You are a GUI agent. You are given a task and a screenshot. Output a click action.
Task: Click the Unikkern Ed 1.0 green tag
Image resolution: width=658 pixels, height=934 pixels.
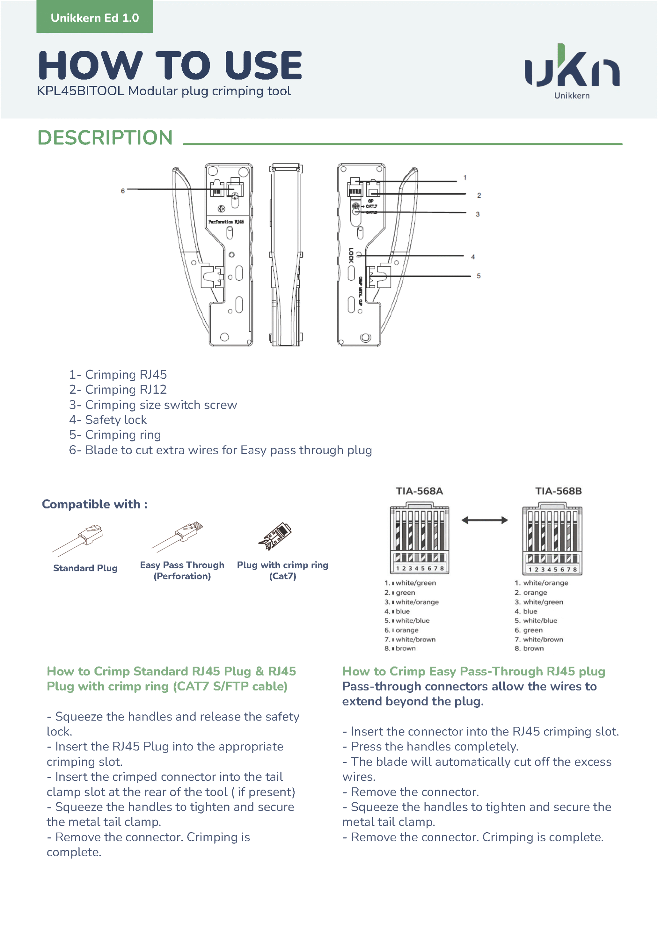(94, 18)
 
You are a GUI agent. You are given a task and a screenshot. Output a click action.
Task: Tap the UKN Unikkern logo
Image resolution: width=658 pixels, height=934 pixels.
(572, 71)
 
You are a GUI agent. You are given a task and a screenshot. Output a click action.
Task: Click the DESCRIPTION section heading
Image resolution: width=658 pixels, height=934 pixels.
(105, 138)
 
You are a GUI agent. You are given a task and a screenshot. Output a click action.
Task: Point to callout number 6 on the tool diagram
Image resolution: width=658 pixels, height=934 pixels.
(123, 191)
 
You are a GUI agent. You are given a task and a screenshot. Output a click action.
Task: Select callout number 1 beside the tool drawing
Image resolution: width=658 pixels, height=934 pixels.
(465, 178)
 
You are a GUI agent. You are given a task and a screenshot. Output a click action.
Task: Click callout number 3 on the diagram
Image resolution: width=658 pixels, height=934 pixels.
(477, 215)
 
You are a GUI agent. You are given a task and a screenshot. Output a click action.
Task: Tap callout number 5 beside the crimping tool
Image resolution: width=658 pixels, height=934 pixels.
(479, 276)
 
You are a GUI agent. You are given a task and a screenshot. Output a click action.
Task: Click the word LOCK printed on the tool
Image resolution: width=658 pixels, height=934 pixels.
(351, 255)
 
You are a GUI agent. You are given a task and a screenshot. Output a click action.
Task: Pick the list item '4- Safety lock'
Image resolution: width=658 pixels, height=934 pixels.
(108, 420)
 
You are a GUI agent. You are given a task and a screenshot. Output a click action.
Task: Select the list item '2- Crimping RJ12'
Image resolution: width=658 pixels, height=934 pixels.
(117, 390)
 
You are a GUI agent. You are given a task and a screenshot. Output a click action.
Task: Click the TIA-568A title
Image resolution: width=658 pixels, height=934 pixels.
(419, 491)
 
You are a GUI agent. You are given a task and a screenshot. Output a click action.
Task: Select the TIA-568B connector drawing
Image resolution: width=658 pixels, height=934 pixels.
(552, 539)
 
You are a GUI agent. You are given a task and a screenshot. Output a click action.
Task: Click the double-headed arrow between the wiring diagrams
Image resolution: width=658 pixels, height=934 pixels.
(484, 520)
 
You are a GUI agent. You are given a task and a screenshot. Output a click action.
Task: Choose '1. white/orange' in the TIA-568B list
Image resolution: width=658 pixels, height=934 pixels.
(541, 583)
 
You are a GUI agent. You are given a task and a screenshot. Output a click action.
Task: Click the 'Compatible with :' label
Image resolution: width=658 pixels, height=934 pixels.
(95, 505)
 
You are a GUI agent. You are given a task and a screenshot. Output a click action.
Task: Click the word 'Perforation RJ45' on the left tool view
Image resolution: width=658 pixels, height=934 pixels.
(226, 222)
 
